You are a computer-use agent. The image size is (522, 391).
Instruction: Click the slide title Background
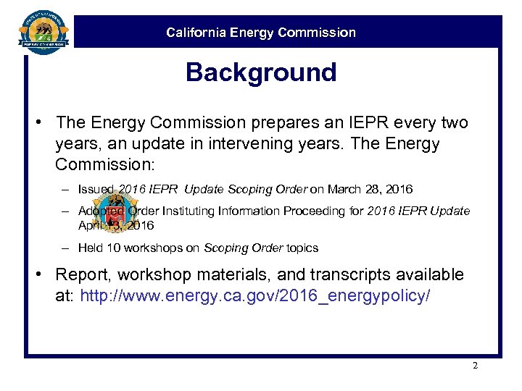point(261,72)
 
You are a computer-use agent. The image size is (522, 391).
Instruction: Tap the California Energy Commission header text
point(261,33)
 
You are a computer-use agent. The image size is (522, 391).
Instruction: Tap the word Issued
point(96,189)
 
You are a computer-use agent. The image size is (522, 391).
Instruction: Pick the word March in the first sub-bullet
point(344,189)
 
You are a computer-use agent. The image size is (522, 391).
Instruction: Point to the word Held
point(90,248)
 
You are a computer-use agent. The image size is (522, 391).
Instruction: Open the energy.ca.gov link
point(255,295)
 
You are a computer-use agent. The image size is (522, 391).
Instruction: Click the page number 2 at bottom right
point(475,366)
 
